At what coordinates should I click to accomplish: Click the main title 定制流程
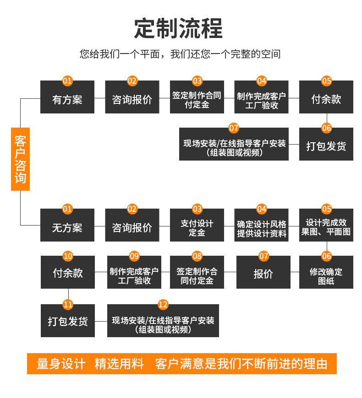click(x=178, y=28)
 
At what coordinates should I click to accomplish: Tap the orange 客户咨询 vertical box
click(x=20, y=159)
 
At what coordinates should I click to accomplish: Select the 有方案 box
click(x=67, y=97)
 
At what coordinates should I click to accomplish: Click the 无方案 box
click(x=67, y=225)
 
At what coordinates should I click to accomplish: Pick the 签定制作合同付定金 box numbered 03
click(x=197, y=97)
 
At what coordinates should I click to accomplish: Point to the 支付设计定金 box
click(x=197, y=225)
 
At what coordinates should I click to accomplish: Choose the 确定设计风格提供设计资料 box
click(x=261, y=225)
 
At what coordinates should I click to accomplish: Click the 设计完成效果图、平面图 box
click(x=326, y=225)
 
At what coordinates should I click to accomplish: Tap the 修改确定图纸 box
click(x=326, y=272)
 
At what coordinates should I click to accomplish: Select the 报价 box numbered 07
click(x=263, y=272)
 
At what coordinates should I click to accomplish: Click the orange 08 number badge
click(x=197, y=256)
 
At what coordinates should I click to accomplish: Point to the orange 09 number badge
click(x=134, y=256)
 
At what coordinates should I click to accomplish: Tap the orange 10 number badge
click(x=68, y=256)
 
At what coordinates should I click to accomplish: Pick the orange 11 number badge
click(x=68, y=304)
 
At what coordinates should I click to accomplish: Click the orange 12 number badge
click(x=163, y=304)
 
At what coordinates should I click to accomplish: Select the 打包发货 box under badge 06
click(x=326, y=144)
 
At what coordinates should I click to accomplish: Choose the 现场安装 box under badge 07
click(x=234, y=144)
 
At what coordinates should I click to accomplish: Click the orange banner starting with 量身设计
click(x=182, y=364)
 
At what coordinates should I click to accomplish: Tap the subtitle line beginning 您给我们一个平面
click(x=180, y=54)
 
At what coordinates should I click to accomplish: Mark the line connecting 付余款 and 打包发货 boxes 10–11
click(x=68, y=295)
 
